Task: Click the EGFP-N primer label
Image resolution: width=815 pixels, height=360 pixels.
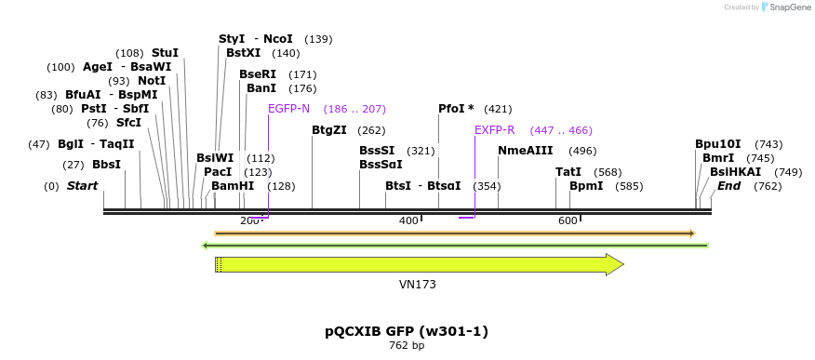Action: (288, 109)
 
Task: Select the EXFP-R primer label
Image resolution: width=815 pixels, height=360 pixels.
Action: (494, 130)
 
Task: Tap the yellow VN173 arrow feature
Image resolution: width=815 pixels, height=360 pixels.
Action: (419, 265)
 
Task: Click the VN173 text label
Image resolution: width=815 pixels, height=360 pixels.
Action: (417, 285)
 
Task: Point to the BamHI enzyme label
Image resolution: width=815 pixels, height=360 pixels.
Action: (233, 186)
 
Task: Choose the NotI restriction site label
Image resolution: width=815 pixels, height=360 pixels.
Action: (151, 81)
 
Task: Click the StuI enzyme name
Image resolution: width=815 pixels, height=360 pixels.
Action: (165, 53)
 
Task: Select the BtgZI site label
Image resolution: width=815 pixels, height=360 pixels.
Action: (329, 130)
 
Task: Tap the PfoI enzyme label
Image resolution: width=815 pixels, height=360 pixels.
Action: (456, 109)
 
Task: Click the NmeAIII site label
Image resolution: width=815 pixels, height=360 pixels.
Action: (526, 151)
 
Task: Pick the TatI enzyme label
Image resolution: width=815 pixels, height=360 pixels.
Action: (568, 172)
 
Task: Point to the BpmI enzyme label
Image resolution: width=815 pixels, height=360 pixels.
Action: (586, 186)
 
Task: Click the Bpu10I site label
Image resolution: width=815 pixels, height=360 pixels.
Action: (718, 144)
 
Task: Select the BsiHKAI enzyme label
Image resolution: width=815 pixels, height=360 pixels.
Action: (735, 172)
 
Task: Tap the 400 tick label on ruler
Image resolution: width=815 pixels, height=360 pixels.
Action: (408, 220)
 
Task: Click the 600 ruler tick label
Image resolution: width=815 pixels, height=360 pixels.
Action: (568, 220)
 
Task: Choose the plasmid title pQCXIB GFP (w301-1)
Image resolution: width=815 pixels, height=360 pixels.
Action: (407, 331)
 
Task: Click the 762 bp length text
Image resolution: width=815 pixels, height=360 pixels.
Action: (407, 346)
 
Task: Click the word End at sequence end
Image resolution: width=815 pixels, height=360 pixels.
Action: (728, 186)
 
